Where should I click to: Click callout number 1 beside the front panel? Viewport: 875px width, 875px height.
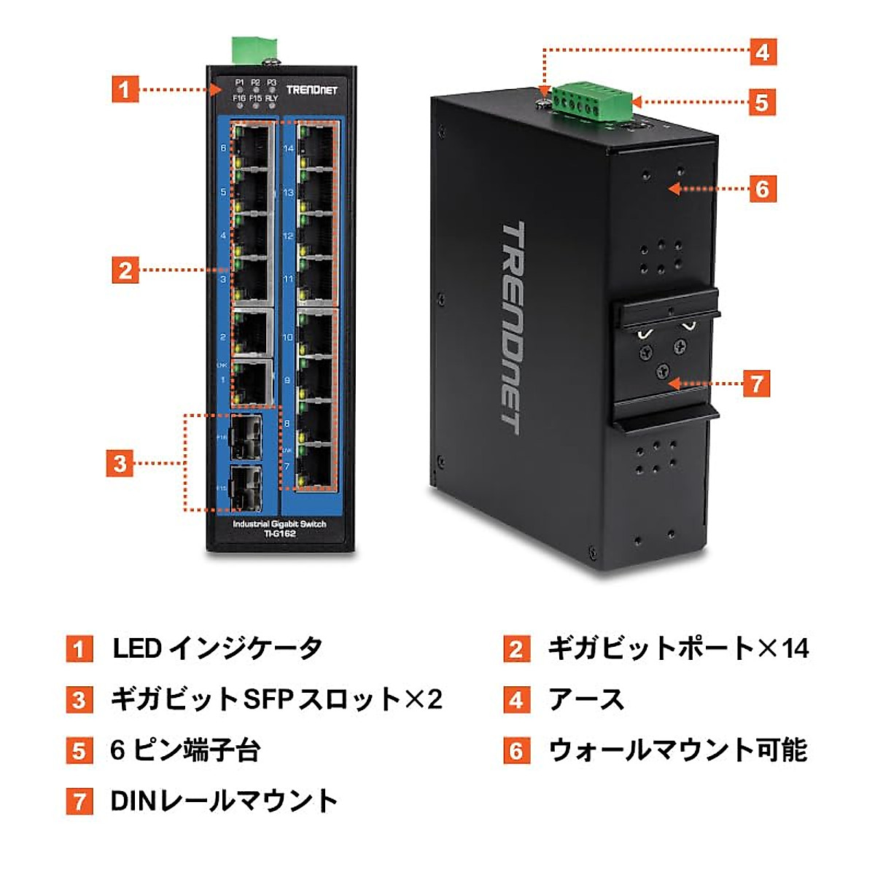pyautogui.click(x=125, y=89)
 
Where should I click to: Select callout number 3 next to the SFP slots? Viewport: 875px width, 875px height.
pyautogui.click(x=120, y=463)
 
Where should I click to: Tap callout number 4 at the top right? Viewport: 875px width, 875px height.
pyautogui.click(x=762, y=52)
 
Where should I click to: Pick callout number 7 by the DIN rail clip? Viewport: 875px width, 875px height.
pyautogui.click(x=756, y=384)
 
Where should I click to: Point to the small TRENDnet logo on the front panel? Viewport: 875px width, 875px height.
pyautogui.click(x=311, y=90)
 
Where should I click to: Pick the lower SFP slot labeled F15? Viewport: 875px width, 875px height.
pyautogui.click(x=246, y=487)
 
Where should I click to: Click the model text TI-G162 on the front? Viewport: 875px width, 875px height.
pyautogui.click(x=279, y=534)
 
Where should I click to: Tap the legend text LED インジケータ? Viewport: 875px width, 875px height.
pyautogui.click(x=217, y=647)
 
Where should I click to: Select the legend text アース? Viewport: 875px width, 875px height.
pyautogui.click(x=586, y=699)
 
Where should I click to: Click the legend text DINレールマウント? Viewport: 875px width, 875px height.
pyautogui.click(x=224, y=801)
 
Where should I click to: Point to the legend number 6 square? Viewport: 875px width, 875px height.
pyautogui.click(x=516, y=750)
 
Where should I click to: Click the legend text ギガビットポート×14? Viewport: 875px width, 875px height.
pyautogui.click(x=678, y=647)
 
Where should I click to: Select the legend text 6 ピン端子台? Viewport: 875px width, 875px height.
pyautogui.click(x=185, y=750)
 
